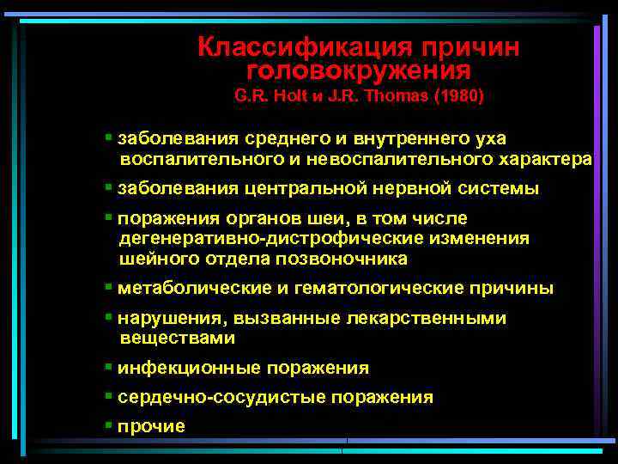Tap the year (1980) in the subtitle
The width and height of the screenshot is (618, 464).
(x=460, y=97)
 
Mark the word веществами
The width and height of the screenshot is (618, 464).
(x=178, y=339)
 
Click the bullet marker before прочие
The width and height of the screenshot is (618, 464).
(x=108, y=424)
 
